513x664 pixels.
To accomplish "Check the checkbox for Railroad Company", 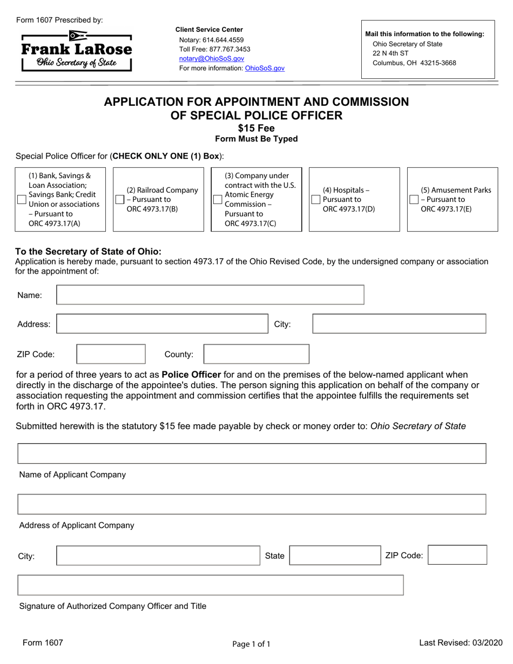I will (x=120, y=200).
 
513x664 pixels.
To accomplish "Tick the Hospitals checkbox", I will (x=316, y=200).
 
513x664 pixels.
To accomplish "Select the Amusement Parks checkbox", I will (x=414, y=200).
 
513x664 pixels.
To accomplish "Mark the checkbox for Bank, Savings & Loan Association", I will (x=22, y=200).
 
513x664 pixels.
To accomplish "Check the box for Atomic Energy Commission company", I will (x=218, y=200).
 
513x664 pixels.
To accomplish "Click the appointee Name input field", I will (x=210, y=295).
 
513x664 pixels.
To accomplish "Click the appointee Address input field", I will (x=163, y=324).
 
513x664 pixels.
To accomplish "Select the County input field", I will (x=256, y=354).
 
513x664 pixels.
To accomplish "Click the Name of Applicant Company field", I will (x=252, y=453).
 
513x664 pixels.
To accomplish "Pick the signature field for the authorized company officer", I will (x=211, y=585).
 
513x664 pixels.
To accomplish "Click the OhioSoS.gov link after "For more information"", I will (x=265, y=69).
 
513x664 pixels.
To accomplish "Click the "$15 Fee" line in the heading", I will (x=256, y=128).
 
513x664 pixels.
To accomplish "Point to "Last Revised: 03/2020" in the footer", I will (x=461, y=642).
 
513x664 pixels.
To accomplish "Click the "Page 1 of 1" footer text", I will (x=251, y=643).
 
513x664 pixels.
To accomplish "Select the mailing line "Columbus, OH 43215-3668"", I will (x=414, y=63).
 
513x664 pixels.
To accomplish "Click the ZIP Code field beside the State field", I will (x=457, y=555).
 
